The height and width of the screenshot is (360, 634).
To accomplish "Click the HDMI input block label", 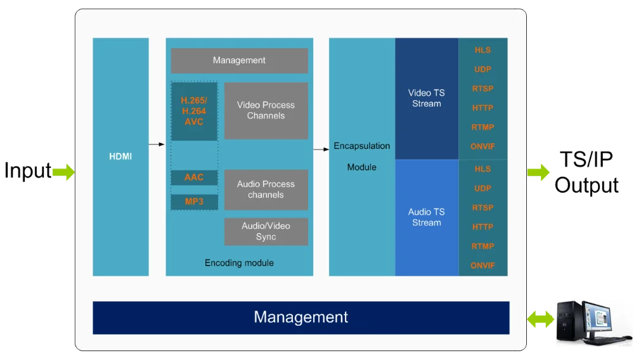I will [x=120, y=157].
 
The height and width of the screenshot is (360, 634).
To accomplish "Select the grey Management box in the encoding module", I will [x=239, y=61].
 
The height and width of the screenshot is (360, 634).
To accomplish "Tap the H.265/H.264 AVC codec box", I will [x=194, y=111].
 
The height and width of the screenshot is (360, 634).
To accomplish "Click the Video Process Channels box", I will [x=266, y=110].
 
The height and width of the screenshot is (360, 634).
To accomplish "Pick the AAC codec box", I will [x=194, y=177].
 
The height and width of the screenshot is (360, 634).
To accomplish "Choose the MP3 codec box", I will [x=194, y=202].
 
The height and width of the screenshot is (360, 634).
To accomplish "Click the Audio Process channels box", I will [x=266, y=190].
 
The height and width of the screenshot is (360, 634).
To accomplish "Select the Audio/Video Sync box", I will [x=266, y=231].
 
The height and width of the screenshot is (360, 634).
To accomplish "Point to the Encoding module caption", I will [x=239, y=263].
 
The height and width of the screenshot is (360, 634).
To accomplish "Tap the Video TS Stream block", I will [x=427, y=98].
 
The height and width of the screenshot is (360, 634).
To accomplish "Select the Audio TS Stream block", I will [x=427, y=217].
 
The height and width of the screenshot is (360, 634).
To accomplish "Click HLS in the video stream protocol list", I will [x=482, y=50].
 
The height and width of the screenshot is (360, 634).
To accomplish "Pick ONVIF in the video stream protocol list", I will [x=482, y=146].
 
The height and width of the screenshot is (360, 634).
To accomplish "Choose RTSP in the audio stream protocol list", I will [x=482, y=208].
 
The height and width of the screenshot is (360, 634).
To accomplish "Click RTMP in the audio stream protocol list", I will [x=482, y=246].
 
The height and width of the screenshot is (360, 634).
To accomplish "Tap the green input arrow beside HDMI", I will [x=63, y=172].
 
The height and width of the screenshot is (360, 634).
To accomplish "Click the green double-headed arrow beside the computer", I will [x=540, y=319].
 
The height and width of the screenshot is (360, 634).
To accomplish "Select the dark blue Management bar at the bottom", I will [x=301, y=318].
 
